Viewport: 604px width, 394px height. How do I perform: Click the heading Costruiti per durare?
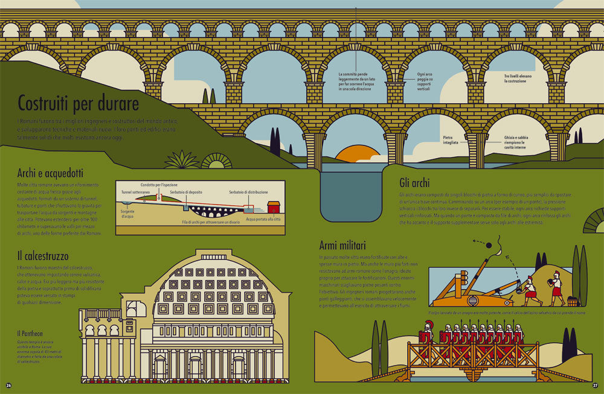click(x=78, y=104)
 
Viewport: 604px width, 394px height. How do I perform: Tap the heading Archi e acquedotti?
click(x=50, y=173)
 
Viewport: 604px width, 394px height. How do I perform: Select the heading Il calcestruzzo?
click(x=42, y=256)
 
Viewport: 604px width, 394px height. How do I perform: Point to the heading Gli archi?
click(x=414, y=183)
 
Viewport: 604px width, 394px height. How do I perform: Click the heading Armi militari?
click(x=342, y=246)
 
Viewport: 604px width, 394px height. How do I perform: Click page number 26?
click(x=8, y=384)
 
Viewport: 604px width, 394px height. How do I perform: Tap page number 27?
click(x=595, y=384)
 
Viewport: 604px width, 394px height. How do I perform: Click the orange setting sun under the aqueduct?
click(x=358, y=154)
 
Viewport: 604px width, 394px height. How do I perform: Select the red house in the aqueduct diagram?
click(x=274, y=207)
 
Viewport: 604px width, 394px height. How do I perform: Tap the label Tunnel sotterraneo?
click(x=135, y=192)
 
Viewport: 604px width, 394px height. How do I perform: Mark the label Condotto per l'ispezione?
click(x=160, y=185)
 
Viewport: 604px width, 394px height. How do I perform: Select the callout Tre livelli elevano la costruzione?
click(x=518, y=78)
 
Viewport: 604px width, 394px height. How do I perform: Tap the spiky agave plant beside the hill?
click(x=182, y=160)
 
